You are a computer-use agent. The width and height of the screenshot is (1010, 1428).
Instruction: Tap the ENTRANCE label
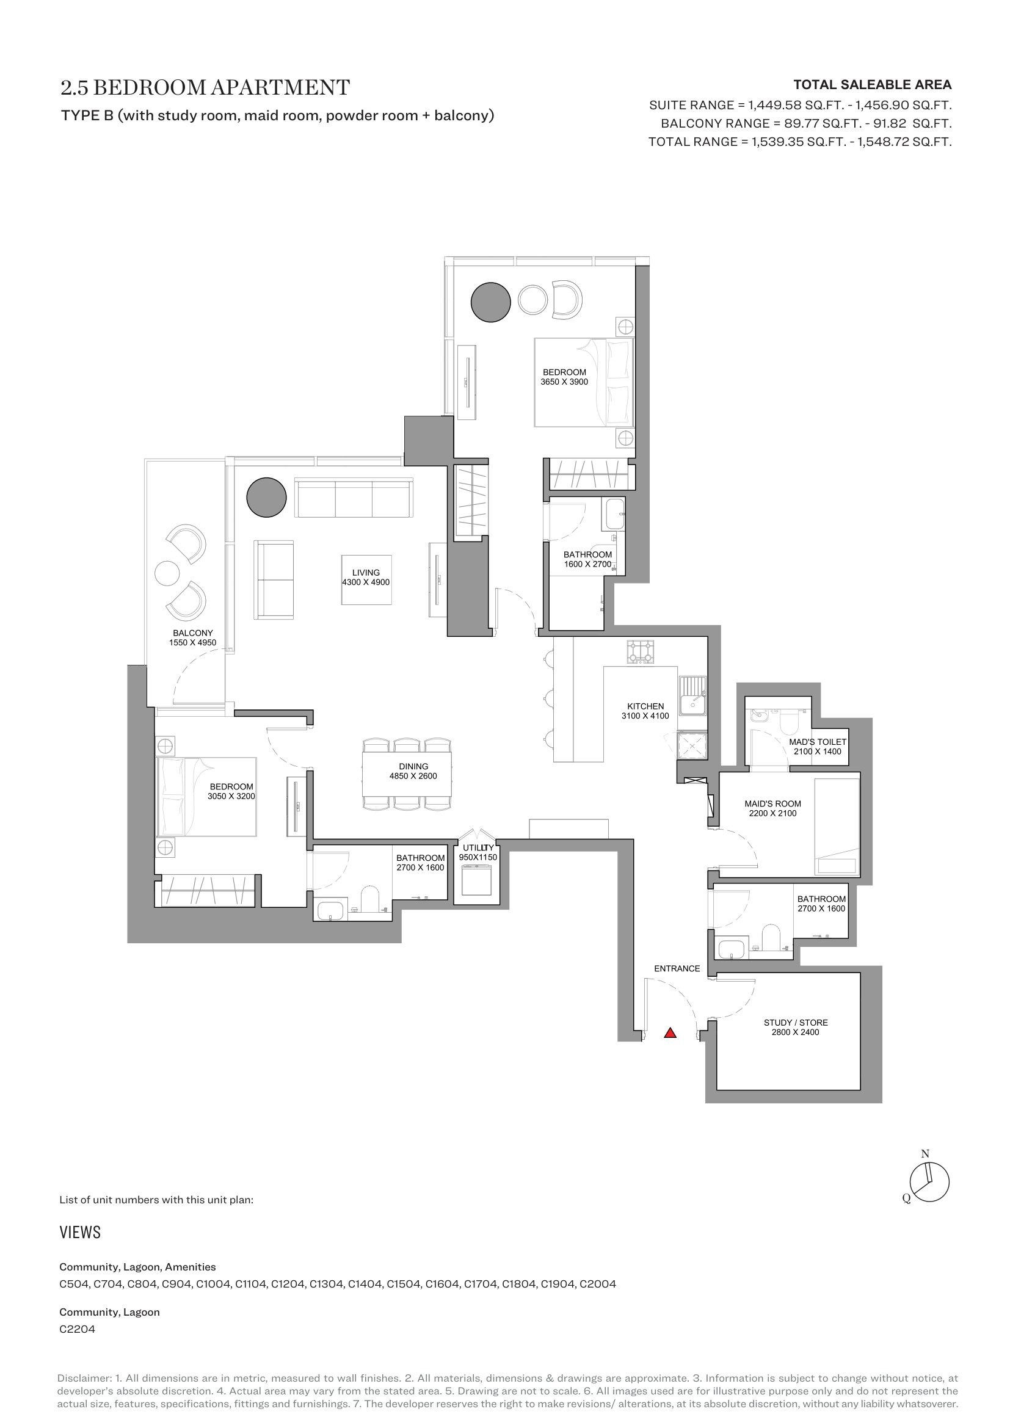(677, 968)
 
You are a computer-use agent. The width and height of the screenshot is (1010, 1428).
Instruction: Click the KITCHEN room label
(645, 706)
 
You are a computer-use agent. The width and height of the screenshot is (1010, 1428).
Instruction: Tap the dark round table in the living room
(266, 498)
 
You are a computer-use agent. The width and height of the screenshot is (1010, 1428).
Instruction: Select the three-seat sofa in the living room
(353, 498)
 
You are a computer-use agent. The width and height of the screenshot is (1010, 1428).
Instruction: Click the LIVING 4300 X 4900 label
(366, 577)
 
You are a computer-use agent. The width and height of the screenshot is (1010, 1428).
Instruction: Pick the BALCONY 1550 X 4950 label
(193, 637)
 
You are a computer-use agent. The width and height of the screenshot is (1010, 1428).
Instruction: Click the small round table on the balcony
(167, 573)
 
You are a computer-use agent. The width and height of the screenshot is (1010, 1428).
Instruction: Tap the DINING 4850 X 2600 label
(413, 771)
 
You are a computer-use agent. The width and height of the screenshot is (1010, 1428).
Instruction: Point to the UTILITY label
(478, 848)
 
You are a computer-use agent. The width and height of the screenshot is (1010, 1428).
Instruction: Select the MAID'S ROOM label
(773, 803)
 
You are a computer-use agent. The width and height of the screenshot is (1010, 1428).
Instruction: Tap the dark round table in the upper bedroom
(491, 302)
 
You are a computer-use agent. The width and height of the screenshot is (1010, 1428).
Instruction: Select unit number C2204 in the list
(77, 1330)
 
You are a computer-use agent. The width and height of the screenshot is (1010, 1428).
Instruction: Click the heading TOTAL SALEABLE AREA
(873, 85)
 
